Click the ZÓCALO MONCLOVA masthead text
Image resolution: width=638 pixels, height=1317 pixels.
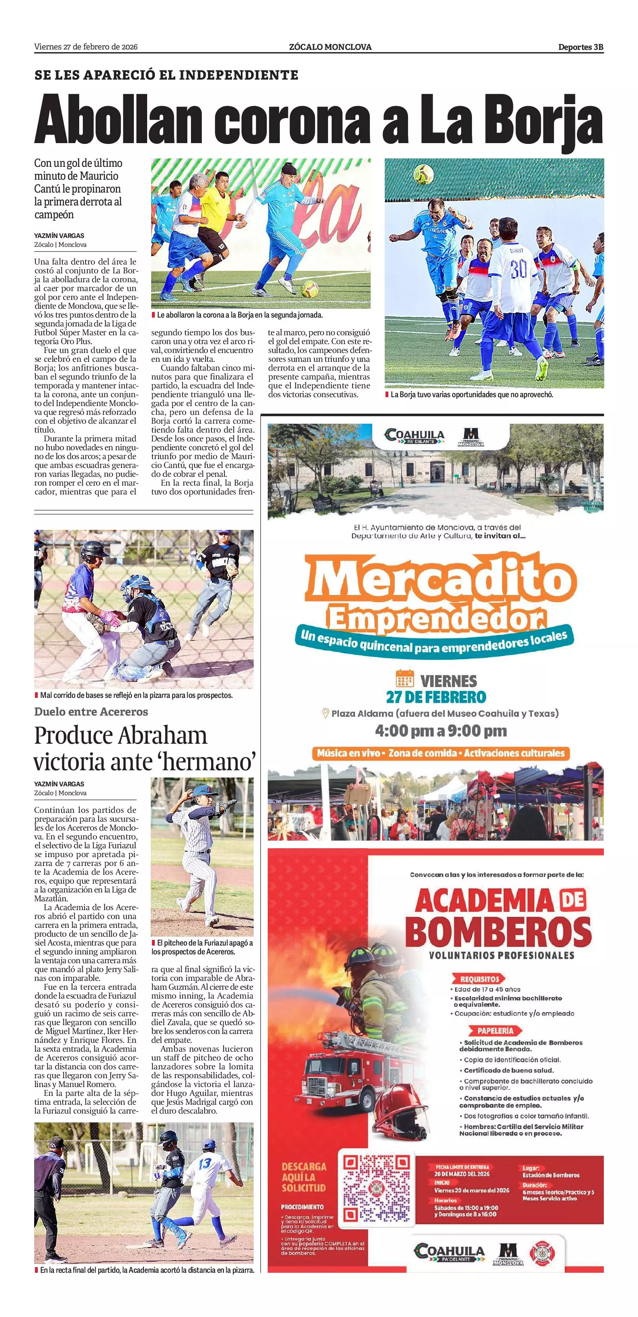[x=330, y=47]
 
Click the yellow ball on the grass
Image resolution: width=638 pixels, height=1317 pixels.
[x=309, y=289]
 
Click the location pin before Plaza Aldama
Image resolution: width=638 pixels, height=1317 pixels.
[x=324, y=713]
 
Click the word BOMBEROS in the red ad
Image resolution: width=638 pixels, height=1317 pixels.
[x=498, y=931]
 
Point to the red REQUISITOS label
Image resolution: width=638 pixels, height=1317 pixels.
[x=479, y=979]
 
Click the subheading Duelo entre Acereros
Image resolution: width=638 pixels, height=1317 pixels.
[x=91, y=712]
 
